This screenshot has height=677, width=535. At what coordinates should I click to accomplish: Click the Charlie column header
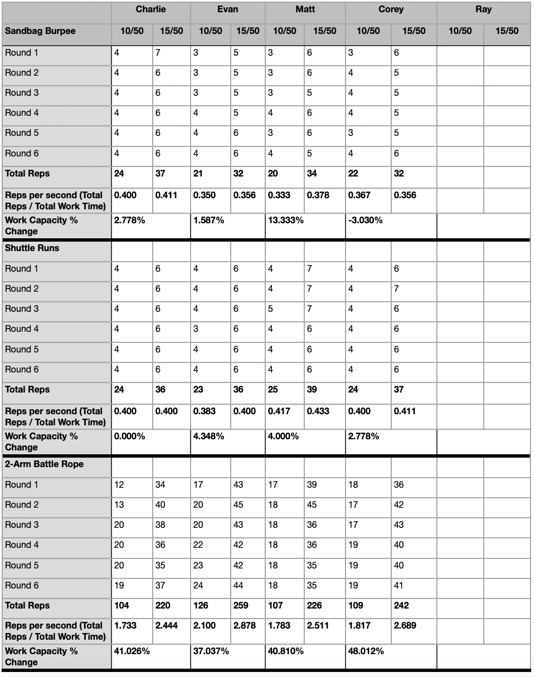[150, 9]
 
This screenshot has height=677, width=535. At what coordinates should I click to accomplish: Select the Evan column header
[227, 9]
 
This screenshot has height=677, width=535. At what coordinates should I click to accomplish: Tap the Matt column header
[305, 9]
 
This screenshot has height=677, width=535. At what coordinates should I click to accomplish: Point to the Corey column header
[391, 9]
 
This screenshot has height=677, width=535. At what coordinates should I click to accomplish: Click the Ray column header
[483, 9]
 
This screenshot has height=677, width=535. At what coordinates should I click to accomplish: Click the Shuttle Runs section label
[32, 248]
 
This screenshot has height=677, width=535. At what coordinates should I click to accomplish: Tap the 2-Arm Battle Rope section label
[44, 464]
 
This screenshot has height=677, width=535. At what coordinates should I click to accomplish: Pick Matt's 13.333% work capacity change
[286, 220]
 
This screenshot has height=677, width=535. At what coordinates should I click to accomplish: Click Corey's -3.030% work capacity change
[366, 220]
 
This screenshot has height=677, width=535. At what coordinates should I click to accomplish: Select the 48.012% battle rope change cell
[366, 651]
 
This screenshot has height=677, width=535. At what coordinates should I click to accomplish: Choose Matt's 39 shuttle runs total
[312, 390]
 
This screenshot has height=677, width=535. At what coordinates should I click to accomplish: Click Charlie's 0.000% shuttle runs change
[129, 436]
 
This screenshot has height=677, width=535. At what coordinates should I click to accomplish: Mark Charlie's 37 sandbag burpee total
[160, 174]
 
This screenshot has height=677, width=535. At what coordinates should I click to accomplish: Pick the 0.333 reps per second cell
[279, 195]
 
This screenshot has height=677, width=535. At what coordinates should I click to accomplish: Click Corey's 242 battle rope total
[401, 606]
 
